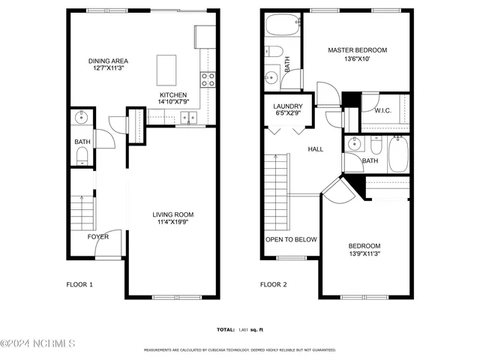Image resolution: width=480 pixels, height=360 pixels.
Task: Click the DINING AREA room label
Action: pyautogui.click(x=106, y=61)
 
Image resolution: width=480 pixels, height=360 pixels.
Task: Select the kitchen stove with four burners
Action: pyautogui.click(x=208, y=76)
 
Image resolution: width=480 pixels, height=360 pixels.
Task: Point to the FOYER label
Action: pyautogui.click(x=97, y=237)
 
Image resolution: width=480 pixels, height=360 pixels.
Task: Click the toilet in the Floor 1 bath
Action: pyautogui.click(x=82, y=155)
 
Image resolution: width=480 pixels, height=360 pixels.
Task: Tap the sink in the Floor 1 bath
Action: pyautogui.click(x=82, y=118)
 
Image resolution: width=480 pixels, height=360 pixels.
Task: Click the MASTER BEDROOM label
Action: pyautogui.click(x=351, y=50)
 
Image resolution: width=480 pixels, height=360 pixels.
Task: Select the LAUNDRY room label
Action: pyautogui.click(x=287, y=106)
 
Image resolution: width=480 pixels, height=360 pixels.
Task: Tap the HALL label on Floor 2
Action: pyautogui.click(x=316, y=149)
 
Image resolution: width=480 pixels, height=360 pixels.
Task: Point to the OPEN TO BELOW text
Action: pyautogui.click(x=291, y=240)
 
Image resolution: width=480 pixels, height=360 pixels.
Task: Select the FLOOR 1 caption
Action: pyautogui.click(x=80, y=285)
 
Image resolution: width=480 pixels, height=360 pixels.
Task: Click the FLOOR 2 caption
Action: pyautogui.click(x=274, y=285)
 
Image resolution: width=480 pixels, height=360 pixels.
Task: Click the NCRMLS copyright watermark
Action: pyautogui.click(x=38, y=344)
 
